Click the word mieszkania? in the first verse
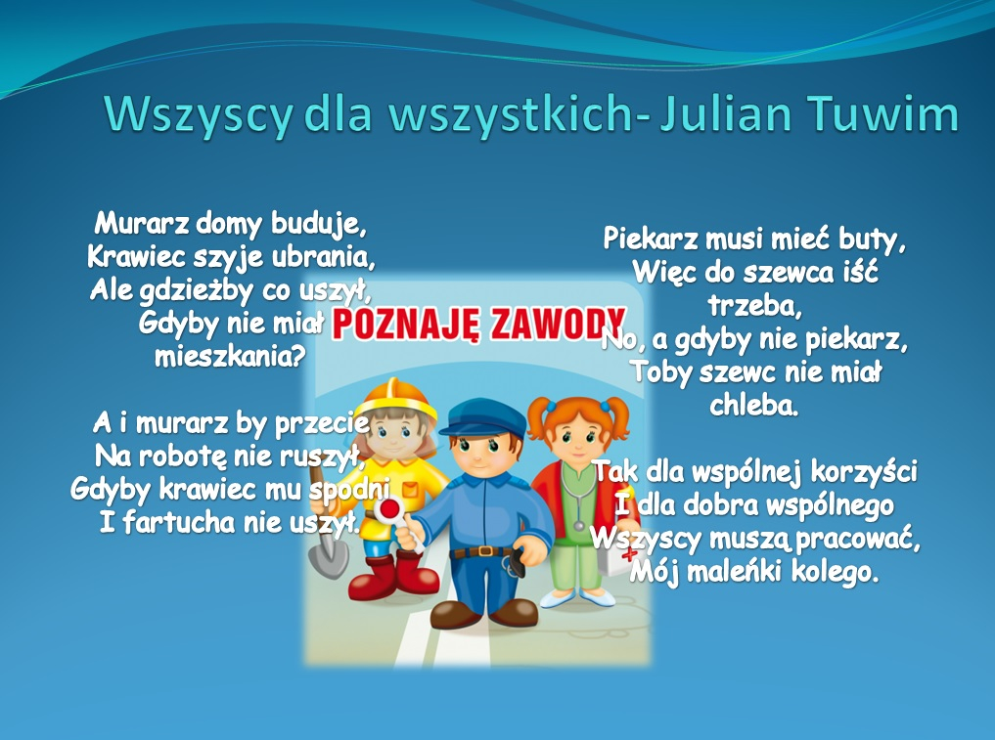[x=230, y=357]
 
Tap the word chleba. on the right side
[x=754, y=405]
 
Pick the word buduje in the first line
[x=319, y=224]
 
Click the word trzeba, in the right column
[x=755, y=306]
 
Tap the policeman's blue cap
[x=483, y=417]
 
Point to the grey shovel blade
[x=329, y=556]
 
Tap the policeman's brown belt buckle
[x=485, y=550]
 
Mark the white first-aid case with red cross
[x=615, y=550]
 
